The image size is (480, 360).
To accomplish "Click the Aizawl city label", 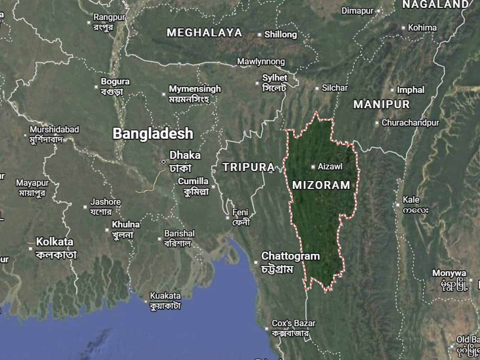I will tap(330, 167).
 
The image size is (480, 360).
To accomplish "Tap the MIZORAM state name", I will tap(321, 185).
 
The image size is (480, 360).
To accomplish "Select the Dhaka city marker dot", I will tap(163, 162).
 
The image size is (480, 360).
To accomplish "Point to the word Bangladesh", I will tap(153, 134).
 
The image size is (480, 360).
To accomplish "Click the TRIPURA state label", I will tap(248, 167).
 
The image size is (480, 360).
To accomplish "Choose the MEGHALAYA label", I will tap(204, 33).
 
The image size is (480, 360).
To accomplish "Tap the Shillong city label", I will tap(281, 35).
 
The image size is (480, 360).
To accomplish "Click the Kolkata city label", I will tap(55, 242).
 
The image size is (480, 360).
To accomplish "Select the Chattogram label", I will tap(290, 256).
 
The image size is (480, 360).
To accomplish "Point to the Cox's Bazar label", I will tap(294, 323).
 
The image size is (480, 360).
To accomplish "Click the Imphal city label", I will tap(411, 90).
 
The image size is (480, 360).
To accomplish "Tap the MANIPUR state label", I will tap(382, 105).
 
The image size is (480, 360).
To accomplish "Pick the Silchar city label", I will tap(335, 88).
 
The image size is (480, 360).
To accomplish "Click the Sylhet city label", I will tap(275, 78).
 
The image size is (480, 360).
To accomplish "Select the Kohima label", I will tap(422, 28).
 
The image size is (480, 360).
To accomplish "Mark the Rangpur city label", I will tap(109, 17).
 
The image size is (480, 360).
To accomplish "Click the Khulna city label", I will tap(126, 225).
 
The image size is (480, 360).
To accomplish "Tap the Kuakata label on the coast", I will tap(165, 296).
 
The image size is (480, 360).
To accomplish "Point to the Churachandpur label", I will tap(410, 123).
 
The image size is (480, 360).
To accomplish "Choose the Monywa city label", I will tap(449, 274).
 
